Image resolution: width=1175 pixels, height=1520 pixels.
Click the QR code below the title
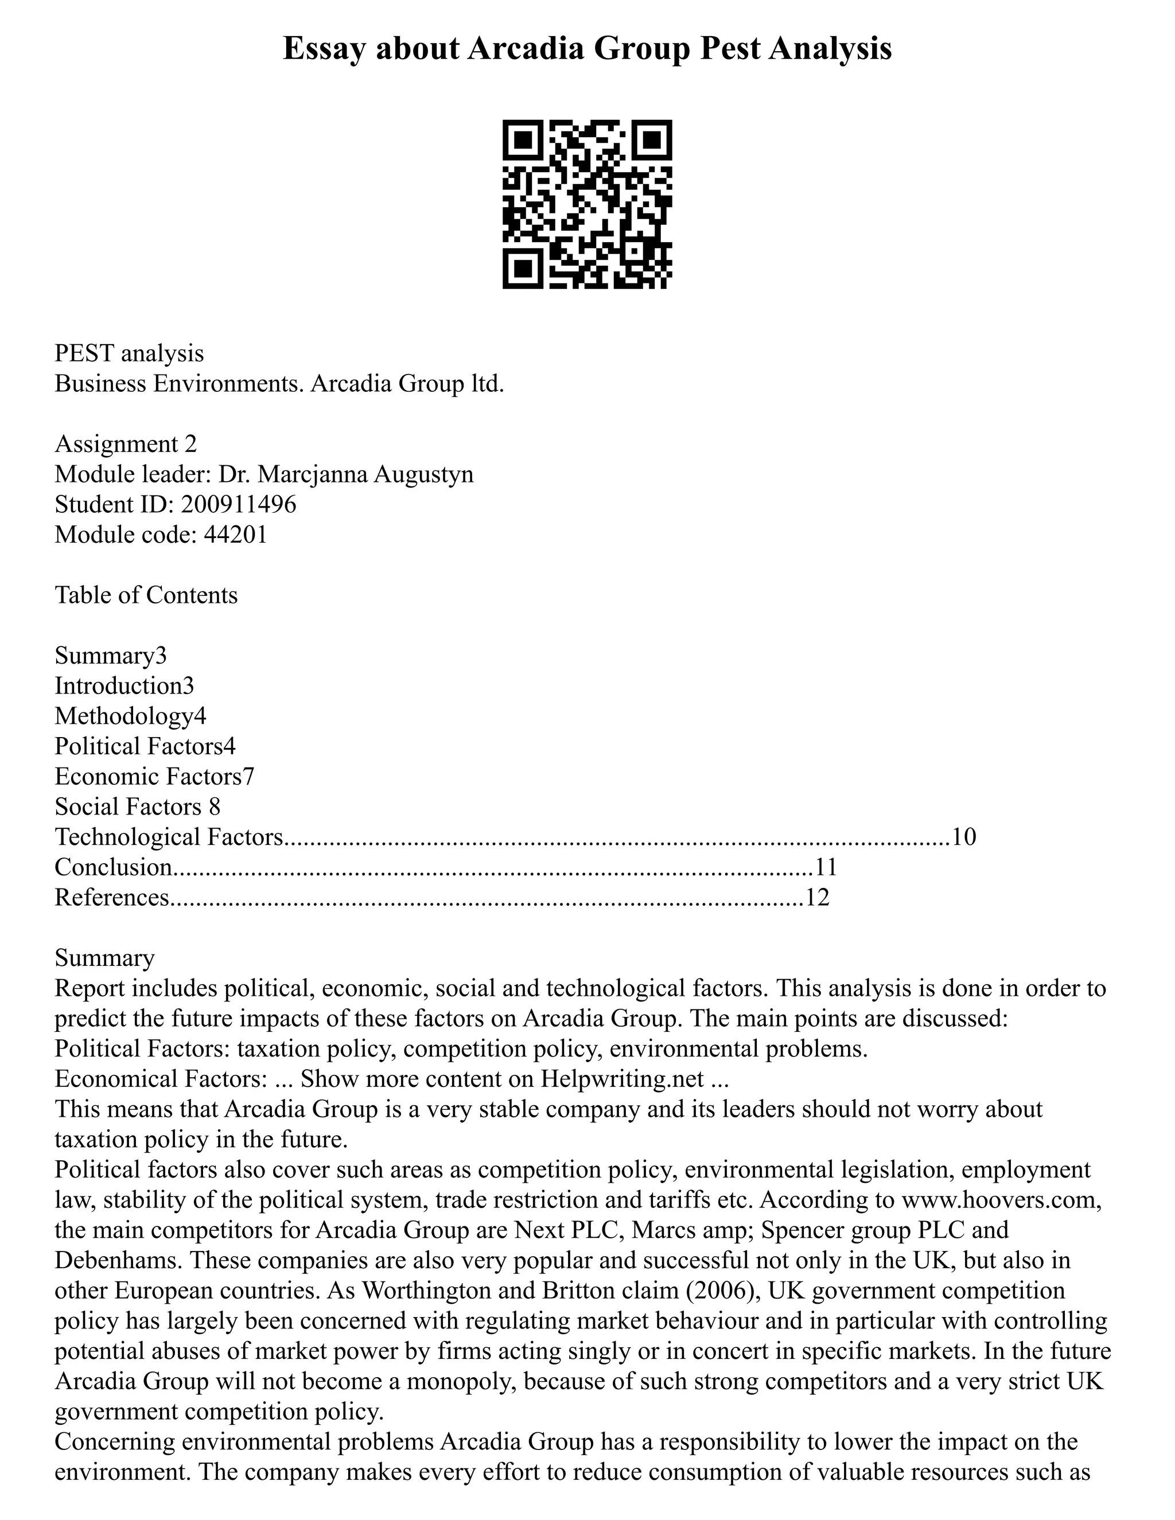point(587,205)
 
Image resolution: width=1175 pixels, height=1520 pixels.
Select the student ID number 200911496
point(238,504)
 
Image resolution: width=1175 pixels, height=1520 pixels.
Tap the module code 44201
point(235,535)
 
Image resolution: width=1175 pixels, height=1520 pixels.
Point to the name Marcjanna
point(314,474)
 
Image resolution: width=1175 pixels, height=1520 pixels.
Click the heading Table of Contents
point(146,595)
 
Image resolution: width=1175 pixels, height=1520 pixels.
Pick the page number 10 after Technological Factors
point(964,836)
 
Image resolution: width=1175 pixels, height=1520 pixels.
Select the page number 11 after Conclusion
point(826,867)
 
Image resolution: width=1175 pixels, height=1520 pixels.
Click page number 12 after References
point(818,898)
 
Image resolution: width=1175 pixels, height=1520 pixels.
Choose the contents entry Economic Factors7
point(154,777)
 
